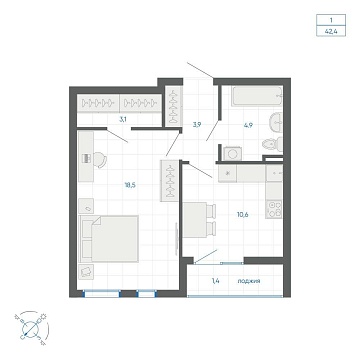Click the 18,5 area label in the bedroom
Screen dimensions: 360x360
pyautogui.click(x=130, y=185)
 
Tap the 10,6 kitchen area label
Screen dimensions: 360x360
pyautogui.click(x=242, y=214)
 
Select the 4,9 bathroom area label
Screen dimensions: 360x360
pyautogui.click(x=247, y=125)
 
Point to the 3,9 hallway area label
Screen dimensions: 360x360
pyautogui.click(x=197, y=125)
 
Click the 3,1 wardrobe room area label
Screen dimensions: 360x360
pyautogui.click(x=123, y=120)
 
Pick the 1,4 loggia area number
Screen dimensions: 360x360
pyautogui.click(x=216, y=281)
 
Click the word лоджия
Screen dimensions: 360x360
pyautogui.click(x=249, y=281)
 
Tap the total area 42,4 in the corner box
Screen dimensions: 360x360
pyautogui.click(x=331, y=32)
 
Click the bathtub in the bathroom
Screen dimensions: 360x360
pyautogui.click(x=257, y=96)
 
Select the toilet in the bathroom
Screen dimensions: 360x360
pyautogui.click(x=272, y=144)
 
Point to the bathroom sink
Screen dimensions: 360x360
pyautogui.click(x=276, y=122)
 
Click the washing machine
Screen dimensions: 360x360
pyautogui.click(x=232, y=153)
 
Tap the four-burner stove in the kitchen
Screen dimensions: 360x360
pyautogui.click(x=274, y=209)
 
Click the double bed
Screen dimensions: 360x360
pyautogui.click(x=109, y=238)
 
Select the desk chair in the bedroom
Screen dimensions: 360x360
pyautogui.click(x=100, y=159)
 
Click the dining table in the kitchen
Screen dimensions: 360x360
pyautogui.click(x=195, y=220)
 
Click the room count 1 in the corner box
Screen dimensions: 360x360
pyautogui.click(x=331, y=20)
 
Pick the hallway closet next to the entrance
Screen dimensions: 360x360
pyautogui.click(x=173, y=107)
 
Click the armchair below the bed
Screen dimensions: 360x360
pyautogui.click(x=86, y=272)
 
